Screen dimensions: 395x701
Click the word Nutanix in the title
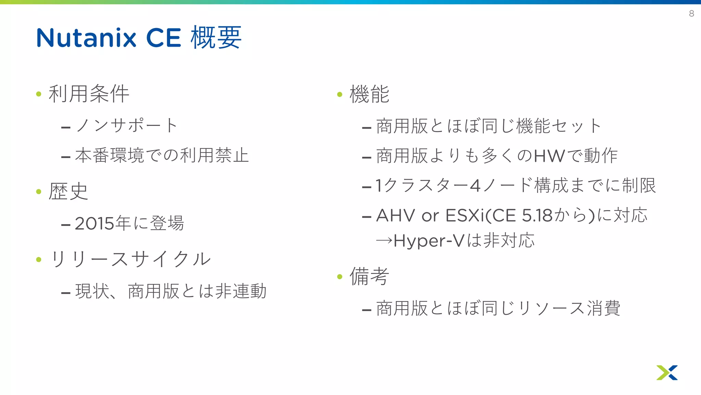(x=86, y=38)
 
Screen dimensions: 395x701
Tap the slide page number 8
(x=691, y=14)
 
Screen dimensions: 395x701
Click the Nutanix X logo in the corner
(x=667, y=372)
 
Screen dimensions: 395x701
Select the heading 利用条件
(x=89, y=94)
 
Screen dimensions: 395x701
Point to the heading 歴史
(x=68, y=191)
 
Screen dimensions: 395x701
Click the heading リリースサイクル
(x=130, y=259)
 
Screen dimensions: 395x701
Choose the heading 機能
(x=369, y=94)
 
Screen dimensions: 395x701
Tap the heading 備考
(x=369, y=276)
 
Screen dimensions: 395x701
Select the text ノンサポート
(x=127, y=125)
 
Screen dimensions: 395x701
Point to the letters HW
(x=549, y=156)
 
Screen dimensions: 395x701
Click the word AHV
(x=395, y=216)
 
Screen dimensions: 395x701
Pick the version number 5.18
(x=537, y=216)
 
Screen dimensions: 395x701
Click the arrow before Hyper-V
(x=384, y=241)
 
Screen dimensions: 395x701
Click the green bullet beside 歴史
(x=39, y=192)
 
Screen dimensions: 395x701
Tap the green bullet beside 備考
(x=340, y=277)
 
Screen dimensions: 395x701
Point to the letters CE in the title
(x=164, y=38)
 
